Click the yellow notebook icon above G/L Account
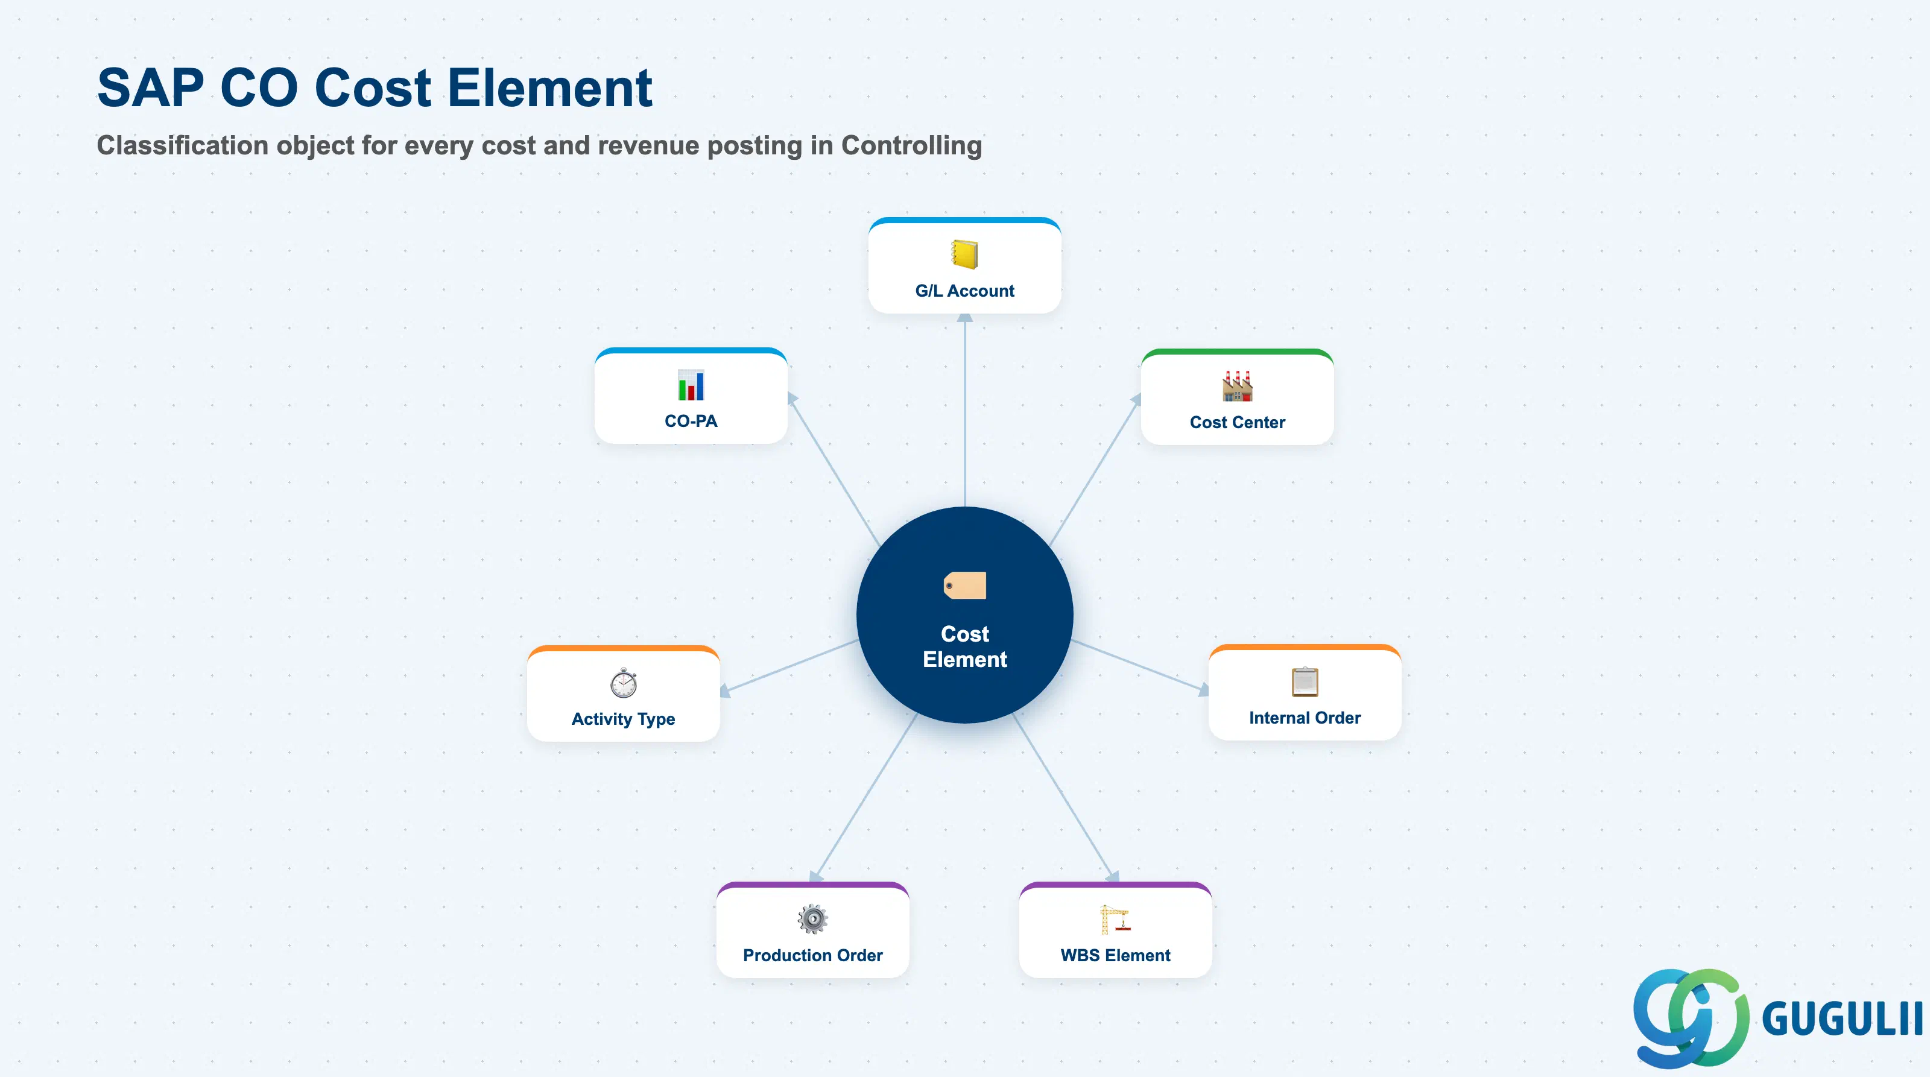964,254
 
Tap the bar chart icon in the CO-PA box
691,385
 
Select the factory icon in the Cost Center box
1237,386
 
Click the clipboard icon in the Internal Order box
1305,681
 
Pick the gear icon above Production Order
812,919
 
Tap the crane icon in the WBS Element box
1115,919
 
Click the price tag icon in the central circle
965,586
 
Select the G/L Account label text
964,291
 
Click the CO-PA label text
691,421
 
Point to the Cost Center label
1237,422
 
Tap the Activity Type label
624,719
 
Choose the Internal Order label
1305,718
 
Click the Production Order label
812,955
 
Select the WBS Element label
1115,955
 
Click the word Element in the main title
550,87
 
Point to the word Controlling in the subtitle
911,145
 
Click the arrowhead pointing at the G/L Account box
965,318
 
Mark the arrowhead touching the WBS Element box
1112,876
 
